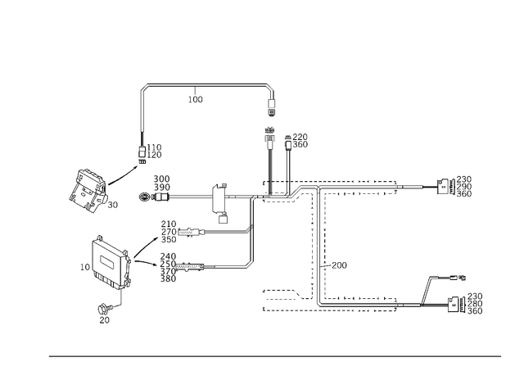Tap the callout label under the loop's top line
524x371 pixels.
click(x=194, y=100)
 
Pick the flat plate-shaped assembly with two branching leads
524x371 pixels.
click(x=110, y=262)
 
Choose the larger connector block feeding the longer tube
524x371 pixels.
click(x=168, y=267)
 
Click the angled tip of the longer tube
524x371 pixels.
click(x=250, y=264)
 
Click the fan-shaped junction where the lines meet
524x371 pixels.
click(x=295, y=194)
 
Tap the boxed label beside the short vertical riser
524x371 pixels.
click(x=300, y=141)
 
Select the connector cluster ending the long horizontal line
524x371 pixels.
click(x=458, y=186)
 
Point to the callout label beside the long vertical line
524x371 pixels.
click(x=334, y=265)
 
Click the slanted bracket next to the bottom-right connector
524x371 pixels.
click(x=424, y=288)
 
